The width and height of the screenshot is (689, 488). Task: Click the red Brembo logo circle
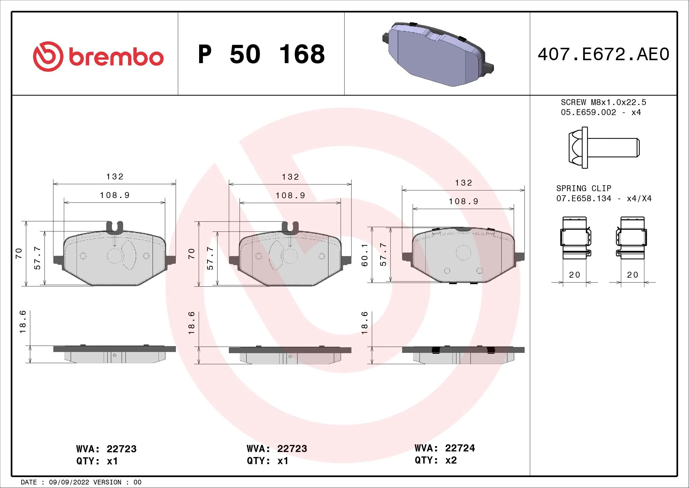(48, 56)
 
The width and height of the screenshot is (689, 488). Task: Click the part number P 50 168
(261, 54)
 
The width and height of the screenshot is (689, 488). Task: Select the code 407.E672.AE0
(603, 54)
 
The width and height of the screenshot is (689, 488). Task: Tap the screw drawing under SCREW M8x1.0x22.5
(603, 148)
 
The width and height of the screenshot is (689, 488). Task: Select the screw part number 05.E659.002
(588, 112)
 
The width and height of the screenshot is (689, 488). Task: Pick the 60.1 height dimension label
(364, 255)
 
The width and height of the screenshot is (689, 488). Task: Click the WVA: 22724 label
(445, 448)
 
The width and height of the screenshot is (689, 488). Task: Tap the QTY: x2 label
(435, 460)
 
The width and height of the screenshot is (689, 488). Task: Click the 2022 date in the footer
(81, 482)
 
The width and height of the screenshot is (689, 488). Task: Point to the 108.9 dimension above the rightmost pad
(463, 201)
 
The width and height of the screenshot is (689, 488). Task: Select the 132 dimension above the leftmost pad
(115, 176)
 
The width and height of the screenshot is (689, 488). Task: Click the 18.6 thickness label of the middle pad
(191, 323)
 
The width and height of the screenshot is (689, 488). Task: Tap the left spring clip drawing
(575, 238)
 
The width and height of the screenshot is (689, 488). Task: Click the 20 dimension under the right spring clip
(632, 275)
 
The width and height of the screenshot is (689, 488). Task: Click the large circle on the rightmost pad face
(463, 253)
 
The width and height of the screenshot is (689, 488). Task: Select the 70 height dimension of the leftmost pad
(19, 253)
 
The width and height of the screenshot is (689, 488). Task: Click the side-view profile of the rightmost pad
(463, 355)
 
